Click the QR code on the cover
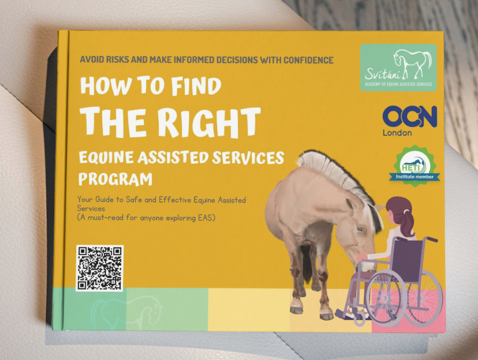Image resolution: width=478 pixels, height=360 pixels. point(99,268)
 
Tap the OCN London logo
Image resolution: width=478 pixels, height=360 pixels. point(409,121)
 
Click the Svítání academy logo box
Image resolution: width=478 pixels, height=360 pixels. point(398,67)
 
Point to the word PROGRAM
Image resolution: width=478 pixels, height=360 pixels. point(115,178)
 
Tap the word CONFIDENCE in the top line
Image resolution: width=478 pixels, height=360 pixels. point(308,60)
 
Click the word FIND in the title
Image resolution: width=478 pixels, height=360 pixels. point(196,86)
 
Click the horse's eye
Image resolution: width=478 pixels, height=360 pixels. point(360,228)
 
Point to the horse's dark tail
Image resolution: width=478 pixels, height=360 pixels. point(307,261)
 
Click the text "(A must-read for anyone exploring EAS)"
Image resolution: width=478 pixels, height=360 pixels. point(146,218)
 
